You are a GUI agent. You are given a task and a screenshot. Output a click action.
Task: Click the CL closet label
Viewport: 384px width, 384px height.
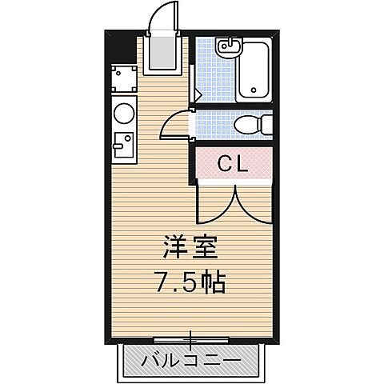pyautogui.click(x=234, y=165)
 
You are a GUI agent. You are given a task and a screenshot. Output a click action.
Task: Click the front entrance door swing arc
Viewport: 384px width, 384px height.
pyautogui.click(x=164, y=16)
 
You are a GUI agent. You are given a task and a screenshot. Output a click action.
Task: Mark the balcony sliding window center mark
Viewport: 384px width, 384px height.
pyautogui.click(x=190, y=337)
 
